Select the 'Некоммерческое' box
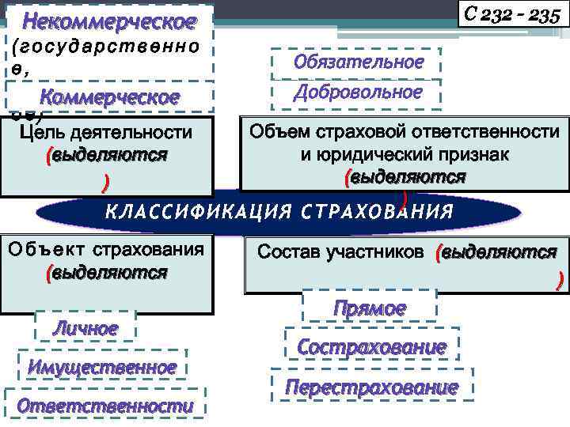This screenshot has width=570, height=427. click(x=108, y=17)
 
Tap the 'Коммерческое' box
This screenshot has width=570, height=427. click(x=110, y=97)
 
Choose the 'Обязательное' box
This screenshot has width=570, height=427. click(x=359, y=62)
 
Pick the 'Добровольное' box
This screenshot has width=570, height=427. click(x=358, y=93)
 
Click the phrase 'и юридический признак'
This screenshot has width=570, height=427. click(x=405, y=154)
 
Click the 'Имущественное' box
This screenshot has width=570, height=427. click(x=102, y=367)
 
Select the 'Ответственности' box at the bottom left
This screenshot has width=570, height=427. click(x=105, y=405)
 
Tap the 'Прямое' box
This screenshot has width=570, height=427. click(x=369, y=308)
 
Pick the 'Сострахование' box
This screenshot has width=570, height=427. click(x=371, y=346)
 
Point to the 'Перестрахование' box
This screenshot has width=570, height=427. click(x=371, y=387)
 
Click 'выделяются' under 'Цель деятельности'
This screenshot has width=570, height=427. click(x=108, y=154)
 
